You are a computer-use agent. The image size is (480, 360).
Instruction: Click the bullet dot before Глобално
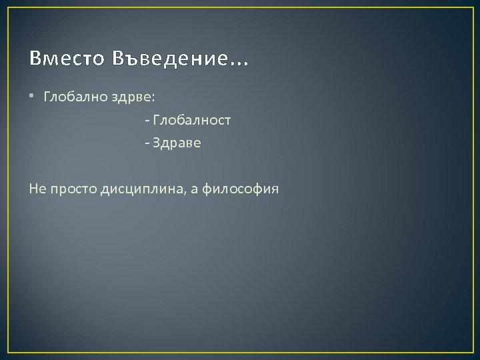pyautogui.click(x=33, y=97)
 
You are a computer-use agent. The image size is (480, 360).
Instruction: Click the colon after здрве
pyautogui.click(x=153, y=98)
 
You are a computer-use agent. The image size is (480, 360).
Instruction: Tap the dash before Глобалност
pyautogui.click(x=146, y=121)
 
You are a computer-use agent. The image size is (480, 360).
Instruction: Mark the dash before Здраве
pyautogui.click(x=146, y=144)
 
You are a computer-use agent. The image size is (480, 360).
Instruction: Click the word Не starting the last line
pyautogui.click(x=37, y=189)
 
